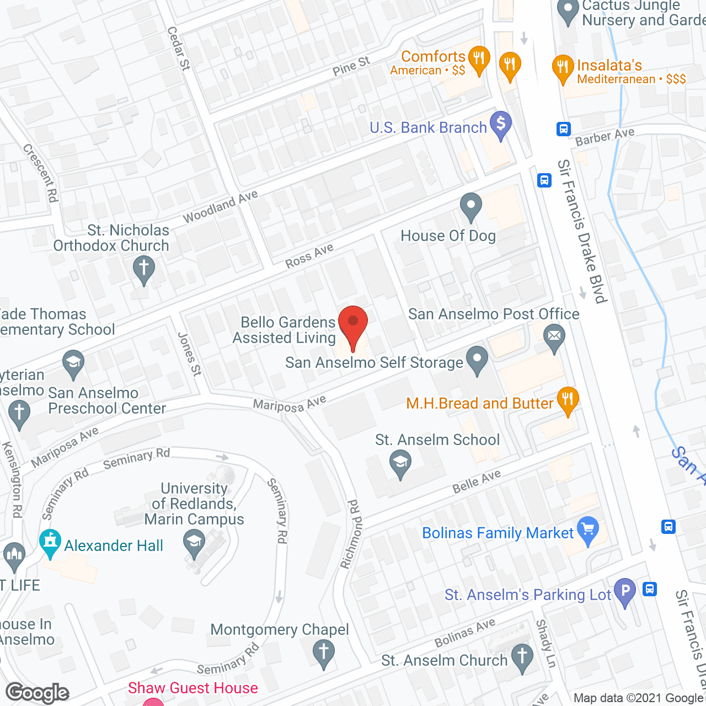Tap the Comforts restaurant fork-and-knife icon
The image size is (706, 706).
[x=479, y=58]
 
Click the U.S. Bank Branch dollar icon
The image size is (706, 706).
[x=501, y=124]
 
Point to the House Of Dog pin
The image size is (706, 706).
[x=470, y=206]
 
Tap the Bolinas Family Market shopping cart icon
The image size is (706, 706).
[x=588, y=530]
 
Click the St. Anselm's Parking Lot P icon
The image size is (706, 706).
[x=625, y=591]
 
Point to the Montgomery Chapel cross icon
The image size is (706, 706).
[x=324, y=651]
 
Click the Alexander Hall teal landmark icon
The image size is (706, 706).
[x=50, y=543]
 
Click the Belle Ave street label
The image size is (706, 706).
[x=477, y=482]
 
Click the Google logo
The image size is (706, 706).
[x=38, y=693]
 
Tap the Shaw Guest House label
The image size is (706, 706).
[x=193, y=688]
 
